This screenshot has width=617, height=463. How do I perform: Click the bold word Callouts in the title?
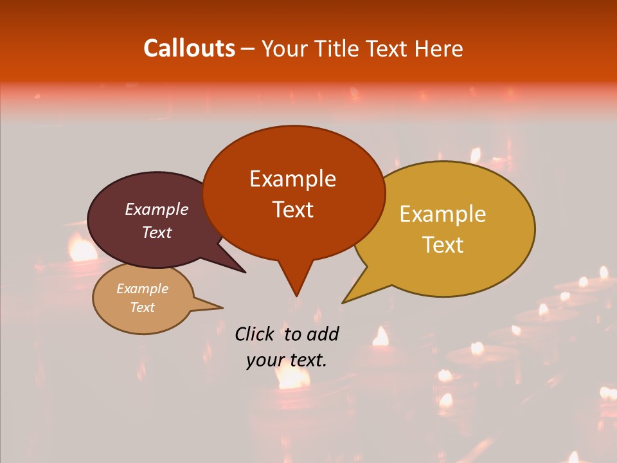tap(189, 48)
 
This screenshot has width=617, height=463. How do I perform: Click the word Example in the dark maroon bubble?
tap(157, 209)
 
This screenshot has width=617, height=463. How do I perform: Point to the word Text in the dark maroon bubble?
tap(157, 232)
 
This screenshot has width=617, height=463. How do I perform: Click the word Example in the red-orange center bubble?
tap(292, 179)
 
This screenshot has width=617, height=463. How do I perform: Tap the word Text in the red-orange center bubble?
tap(293, 210)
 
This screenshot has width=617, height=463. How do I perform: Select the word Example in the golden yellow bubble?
tap(443, 214)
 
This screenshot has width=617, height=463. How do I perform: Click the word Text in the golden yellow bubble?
tap(443, 245)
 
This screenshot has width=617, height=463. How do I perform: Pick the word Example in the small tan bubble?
tap(142, 289)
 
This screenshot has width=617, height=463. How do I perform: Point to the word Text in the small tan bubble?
tap(142, 307)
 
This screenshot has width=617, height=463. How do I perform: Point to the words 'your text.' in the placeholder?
tap(287, 360)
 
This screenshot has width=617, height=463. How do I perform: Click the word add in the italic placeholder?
tap(323, 334)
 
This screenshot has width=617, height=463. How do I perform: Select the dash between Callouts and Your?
tap(248, 48)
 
